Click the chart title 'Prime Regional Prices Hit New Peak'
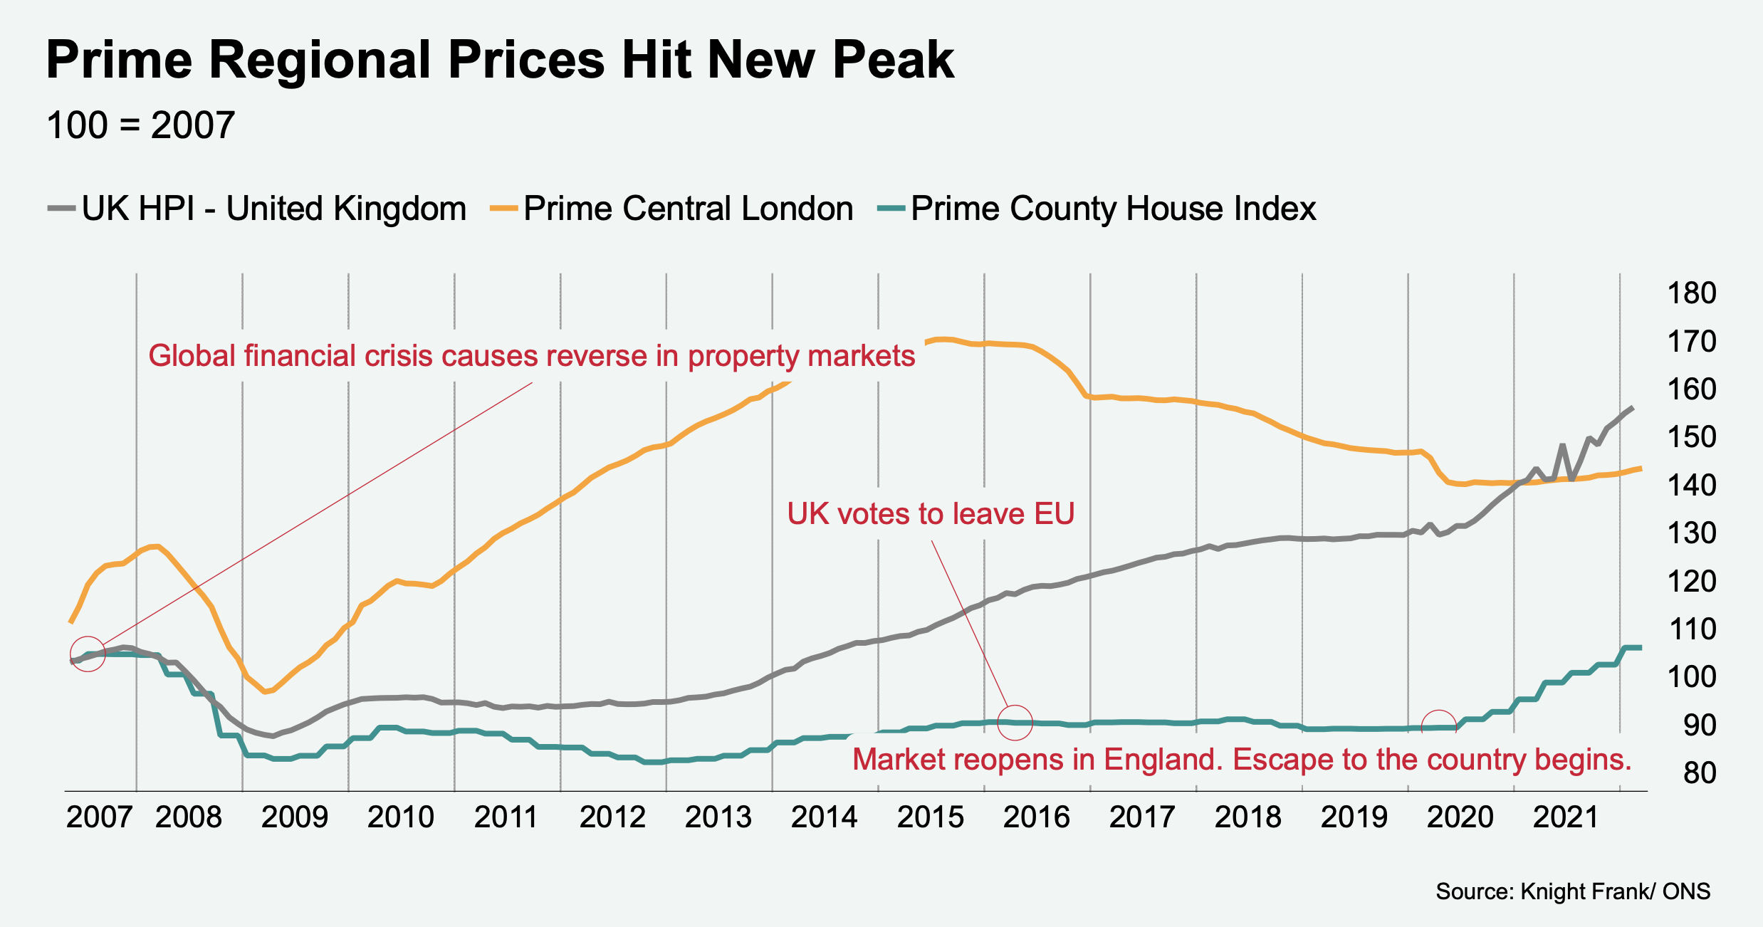(x=500, y=60)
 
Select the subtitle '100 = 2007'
(x=140, y=125)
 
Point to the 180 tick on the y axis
(x=1692, y=293)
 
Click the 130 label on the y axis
(x=1692, y=533)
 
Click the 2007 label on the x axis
(x=99, y=817)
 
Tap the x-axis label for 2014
(x=824, y=817)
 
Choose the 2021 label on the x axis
(x=1566, y=817)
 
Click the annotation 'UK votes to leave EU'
(x=931, y=514)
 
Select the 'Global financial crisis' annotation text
(x=531, y=356)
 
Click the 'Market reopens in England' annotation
(x=1242, y=760)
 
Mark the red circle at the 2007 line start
(x=88, y=654)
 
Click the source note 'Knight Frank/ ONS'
(x=1573, y=891)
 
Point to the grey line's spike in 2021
(x=1562, y=446)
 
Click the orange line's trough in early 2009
(x=265, y=691)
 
